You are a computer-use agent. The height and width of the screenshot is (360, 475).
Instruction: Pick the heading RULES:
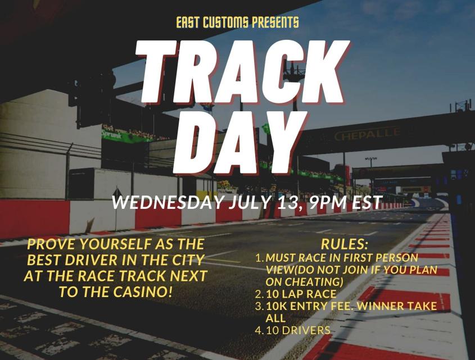pos(343,245)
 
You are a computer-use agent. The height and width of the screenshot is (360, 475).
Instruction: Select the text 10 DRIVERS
pos(298,330)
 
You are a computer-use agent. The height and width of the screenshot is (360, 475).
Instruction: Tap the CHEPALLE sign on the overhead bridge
pos(368,135)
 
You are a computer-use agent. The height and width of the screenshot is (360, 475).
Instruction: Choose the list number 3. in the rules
pos(259,307)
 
